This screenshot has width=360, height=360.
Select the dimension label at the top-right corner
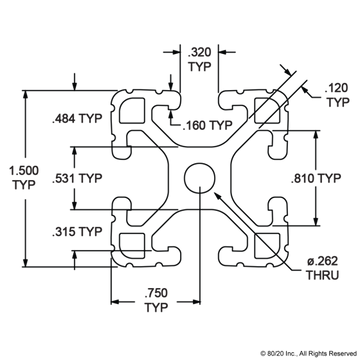(x=336, y=95)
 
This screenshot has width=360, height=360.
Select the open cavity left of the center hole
(x=150, y=179)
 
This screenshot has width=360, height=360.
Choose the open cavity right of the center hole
(x=250, y=179)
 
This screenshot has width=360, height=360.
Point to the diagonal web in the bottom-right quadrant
(x=240, y=220)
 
